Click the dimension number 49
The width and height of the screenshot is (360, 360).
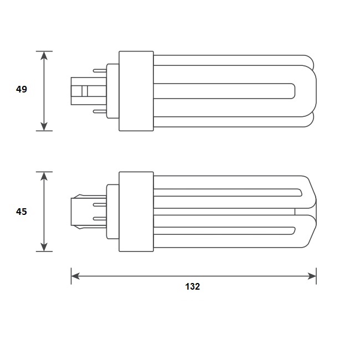pyautogui.click(x=22, y=89)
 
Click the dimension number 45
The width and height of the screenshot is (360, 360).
pyautogui.click(x=22, y=212)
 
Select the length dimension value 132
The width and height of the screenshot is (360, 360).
pyautogui.click(x=192, y=286)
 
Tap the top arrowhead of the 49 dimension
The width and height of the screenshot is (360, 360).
pyautogui.click(x=44, y=55)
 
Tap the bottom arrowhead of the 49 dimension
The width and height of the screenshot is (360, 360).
pyautogui.click(x=44, y=126)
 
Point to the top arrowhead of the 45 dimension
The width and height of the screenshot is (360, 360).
pyautogui.click(x=44, y=176)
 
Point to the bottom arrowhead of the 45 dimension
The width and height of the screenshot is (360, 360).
pyautogui.click(x=44, y=247)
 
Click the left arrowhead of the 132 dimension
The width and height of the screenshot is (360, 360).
pyautogui.click(x=75, y=276)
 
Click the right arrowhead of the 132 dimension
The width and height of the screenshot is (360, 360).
pyautogui.click(x=312, y=276)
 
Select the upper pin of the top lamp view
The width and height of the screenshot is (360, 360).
pyautogui.click(x=100, y=70)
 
